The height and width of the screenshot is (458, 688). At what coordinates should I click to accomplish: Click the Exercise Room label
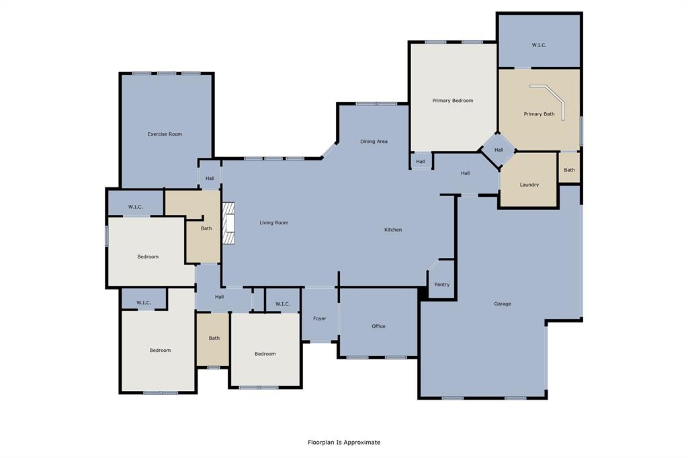pos(165,134)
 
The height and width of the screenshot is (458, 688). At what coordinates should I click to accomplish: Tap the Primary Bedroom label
pos(452,101)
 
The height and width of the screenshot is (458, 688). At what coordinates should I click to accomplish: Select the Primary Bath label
pos(539,114)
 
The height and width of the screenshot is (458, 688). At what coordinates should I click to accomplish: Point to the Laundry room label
pos(529,185)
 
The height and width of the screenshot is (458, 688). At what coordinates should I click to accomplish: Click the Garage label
pos(503,304)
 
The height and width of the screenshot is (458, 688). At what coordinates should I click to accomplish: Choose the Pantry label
pos(442,284)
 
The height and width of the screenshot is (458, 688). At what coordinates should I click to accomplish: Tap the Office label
pos(378,326)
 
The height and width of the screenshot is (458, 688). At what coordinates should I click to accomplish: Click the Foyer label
pos(319,318)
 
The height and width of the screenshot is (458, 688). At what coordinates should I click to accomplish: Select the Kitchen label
pos(392,230)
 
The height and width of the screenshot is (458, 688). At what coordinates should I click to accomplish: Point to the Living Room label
pos(274,223)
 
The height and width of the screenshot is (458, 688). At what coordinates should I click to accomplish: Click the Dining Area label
pos(374,141)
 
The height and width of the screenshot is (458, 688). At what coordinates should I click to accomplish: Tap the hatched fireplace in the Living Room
pos(228,223)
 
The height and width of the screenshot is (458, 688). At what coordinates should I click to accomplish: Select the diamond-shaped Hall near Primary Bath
pos(499,150)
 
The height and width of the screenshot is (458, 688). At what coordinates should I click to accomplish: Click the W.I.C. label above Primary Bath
pos(539,45)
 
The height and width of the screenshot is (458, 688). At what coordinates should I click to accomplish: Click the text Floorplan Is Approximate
pos(344,442)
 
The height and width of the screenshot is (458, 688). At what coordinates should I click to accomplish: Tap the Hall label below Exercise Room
pos(210,178)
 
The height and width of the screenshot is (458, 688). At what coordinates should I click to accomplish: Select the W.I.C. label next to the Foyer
pos(283,304)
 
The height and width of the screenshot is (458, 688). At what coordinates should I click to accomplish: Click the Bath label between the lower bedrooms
pos(214,338)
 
